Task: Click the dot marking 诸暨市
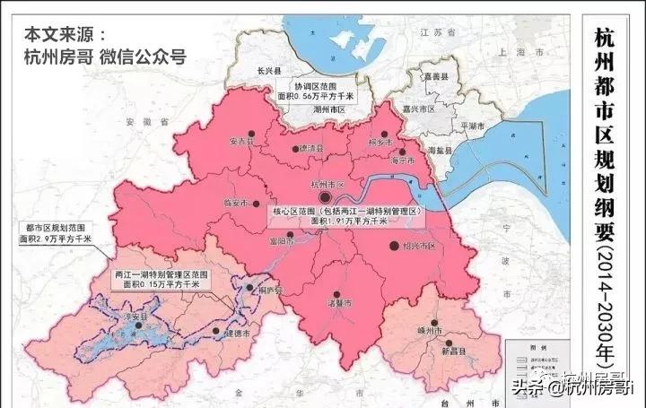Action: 336,292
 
